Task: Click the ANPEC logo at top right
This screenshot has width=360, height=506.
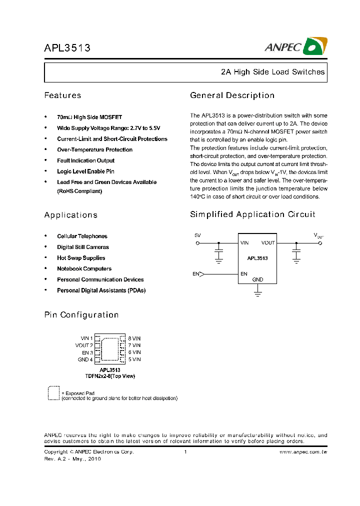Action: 295,46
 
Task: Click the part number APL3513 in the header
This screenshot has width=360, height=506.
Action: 67,48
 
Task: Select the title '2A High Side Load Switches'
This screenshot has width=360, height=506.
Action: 272,72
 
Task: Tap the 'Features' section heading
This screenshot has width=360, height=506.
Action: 62,95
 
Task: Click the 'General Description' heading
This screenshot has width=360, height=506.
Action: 232,95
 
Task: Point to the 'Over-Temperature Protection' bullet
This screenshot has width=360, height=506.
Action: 94,149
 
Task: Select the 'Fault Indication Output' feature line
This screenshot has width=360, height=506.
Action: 85,160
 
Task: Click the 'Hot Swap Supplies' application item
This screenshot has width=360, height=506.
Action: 81,258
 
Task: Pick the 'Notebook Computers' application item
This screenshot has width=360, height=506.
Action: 84,269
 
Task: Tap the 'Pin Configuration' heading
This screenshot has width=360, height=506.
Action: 81,315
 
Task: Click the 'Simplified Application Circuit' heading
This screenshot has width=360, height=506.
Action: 252,214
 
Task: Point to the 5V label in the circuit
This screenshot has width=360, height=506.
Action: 197,235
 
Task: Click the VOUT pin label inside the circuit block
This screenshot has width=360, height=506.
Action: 268,243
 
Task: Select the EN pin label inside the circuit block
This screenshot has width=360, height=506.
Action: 243,274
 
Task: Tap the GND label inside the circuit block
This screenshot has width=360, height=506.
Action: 257,279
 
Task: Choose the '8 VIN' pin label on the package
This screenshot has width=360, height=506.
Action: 134,338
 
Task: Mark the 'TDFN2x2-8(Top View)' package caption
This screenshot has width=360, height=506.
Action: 110,376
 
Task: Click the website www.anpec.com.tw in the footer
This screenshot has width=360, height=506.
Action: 302,452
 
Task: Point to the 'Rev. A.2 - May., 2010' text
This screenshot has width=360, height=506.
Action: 72,459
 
